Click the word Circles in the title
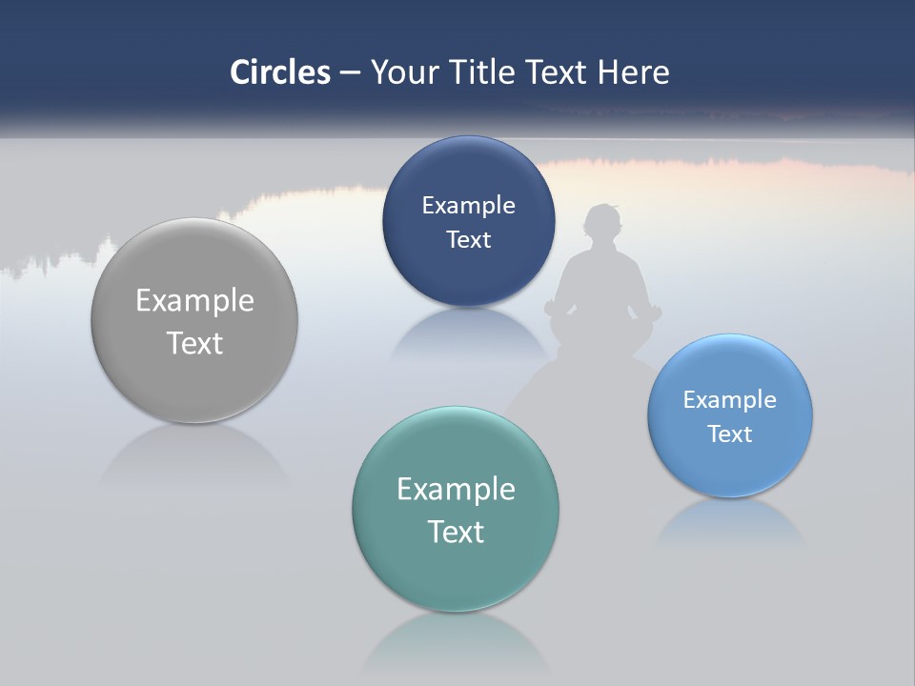tap(280, 72)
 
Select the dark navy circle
tap(468, 276)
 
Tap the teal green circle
tap(456, 572)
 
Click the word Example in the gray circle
tap(194, 301)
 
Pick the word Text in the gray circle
tap(194, 343)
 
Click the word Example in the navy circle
tap(468, 206)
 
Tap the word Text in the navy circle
tap(468, 240)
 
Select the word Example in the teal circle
tap(456, 490)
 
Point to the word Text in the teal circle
tap(456, 532)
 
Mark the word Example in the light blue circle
tap(730, 400)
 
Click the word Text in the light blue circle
tap(730, 434)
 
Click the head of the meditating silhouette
tap(604, 227)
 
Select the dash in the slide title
tap(350, 73)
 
